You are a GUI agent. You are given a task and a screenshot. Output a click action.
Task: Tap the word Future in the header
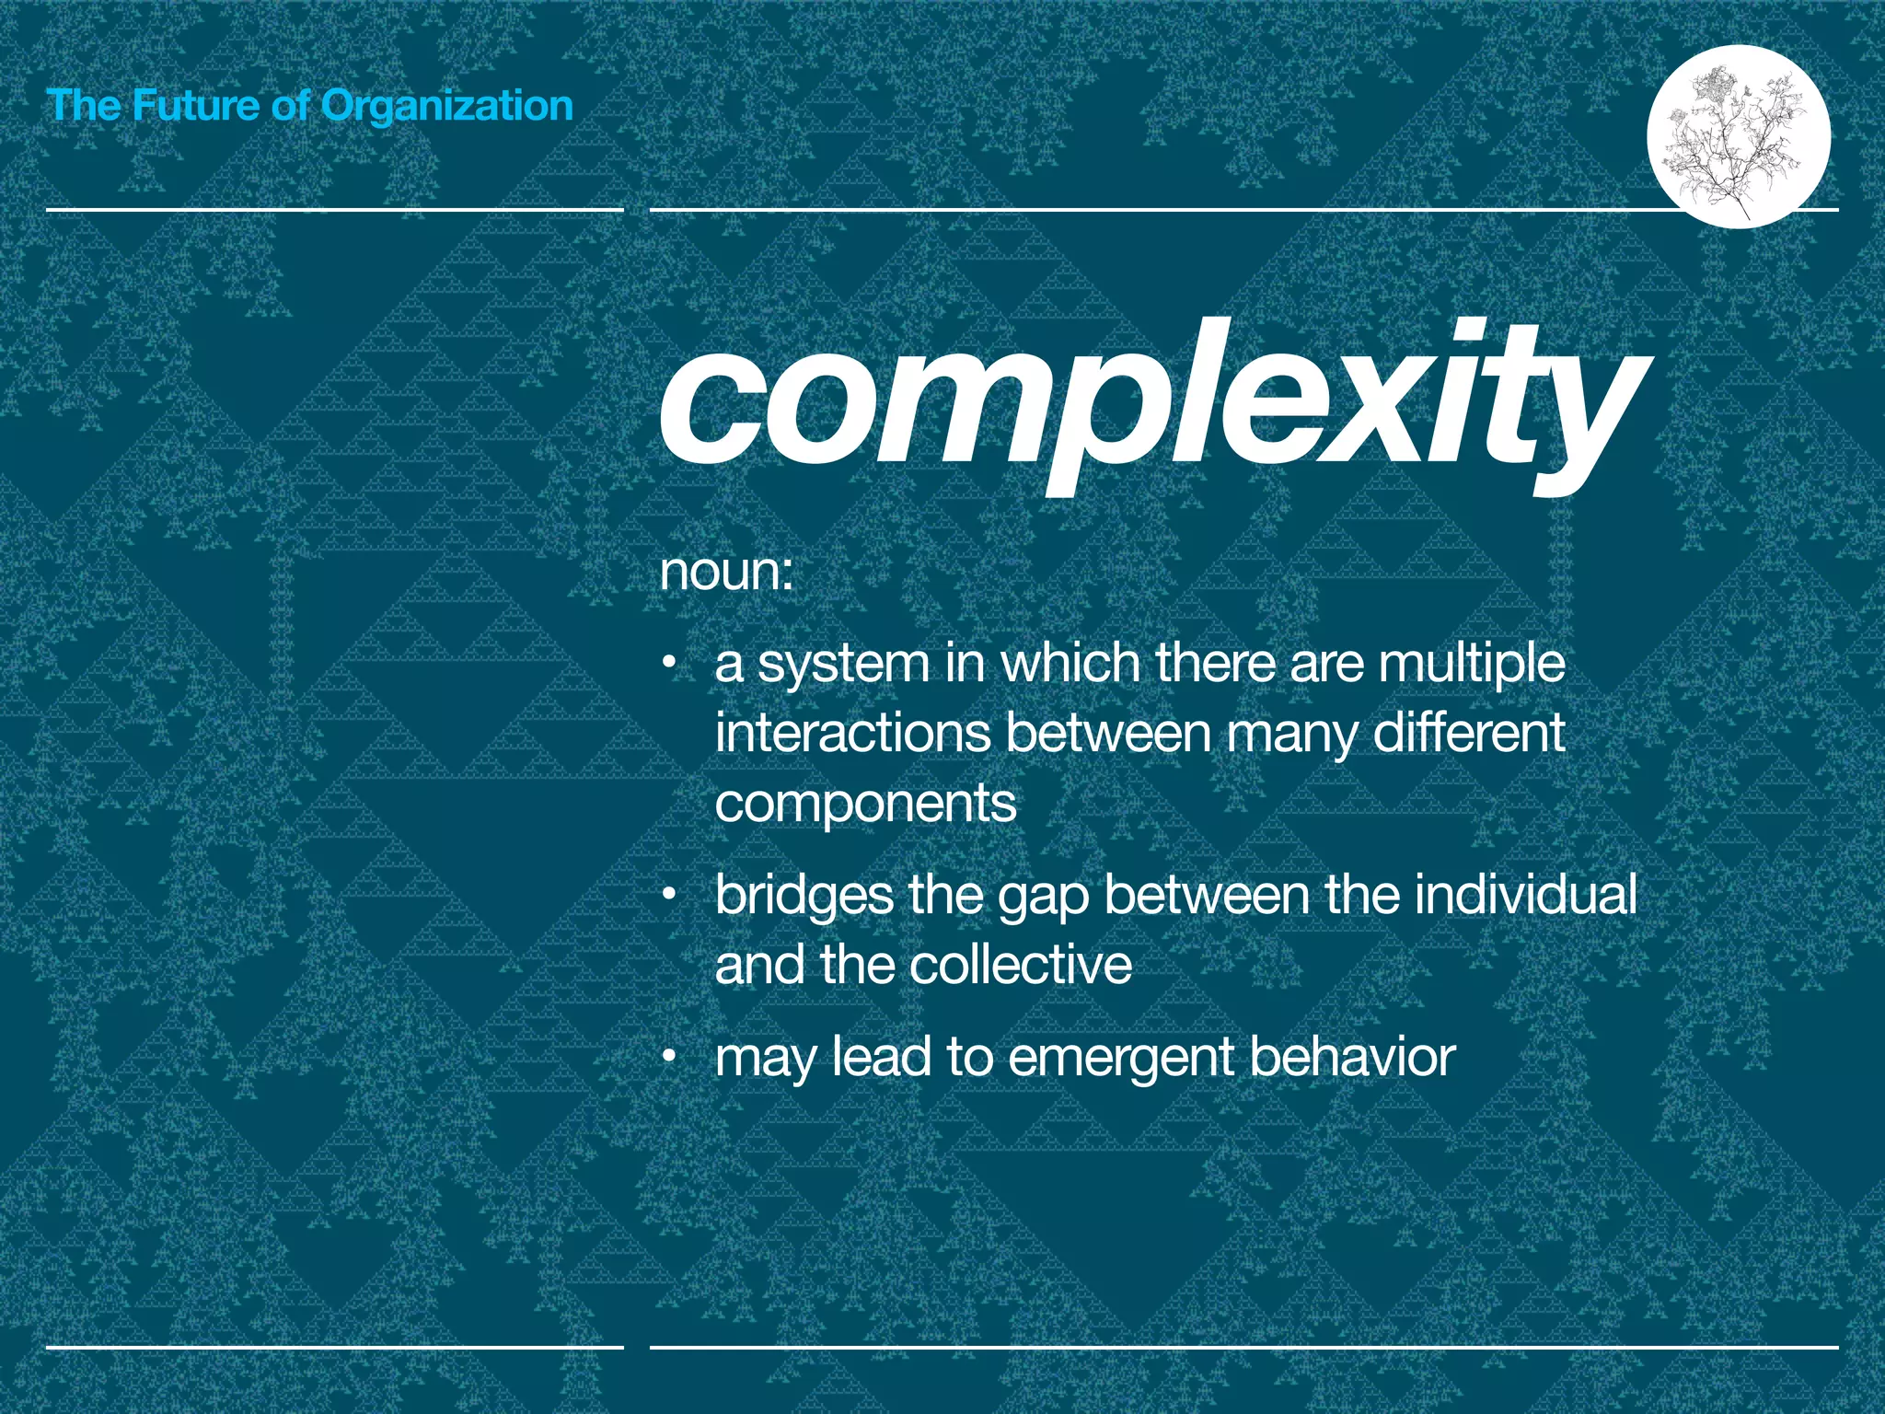[194, 105]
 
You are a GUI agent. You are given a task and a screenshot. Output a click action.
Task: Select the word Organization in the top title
[446, 107]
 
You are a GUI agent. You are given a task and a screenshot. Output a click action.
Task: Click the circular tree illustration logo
[1739, 136]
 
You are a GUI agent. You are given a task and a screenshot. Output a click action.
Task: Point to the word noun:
[726, 572]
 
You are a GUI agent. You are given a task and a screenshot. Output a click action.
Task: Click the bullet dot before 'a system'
[672, 663]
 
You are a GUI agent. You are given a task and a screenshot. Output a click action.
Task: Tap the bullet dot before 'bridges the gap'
[672, 894]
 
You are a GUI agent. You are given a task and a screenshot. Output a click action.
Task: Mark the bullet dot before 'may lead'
[672, 1056]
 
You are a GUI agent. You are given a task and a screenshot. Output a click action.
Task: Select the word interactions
[852, 734]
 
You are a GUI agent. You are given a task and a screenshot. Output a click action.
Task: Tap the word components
[865, 805]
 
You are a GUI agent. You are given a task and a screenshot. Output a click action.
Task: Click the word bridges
[804, 896]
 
